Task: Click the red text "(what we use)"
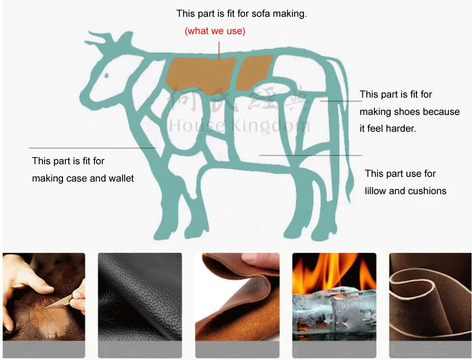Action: [215, 31]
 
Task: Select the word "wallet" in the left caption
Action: [121, 178]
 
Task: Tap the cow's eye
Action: [106, 75]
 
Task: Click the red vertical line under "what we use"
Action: [219, 48]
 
